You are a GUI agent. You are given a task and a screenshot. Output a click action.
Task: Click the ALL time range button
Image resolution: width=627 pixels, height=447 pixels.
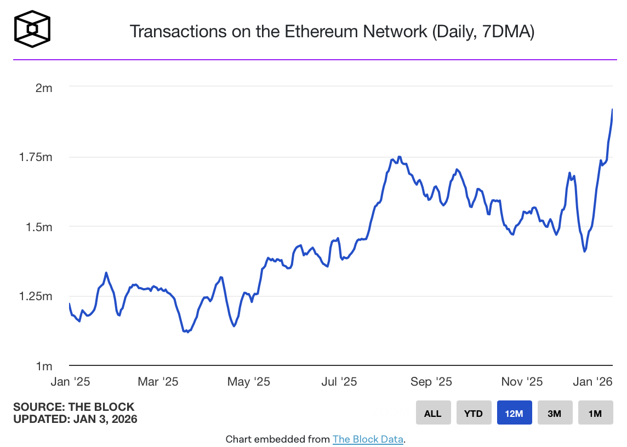click(432, 413)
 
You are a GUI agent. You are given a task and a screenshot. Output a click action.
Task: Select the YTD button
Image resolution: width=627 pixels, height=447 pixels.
click(474, 413)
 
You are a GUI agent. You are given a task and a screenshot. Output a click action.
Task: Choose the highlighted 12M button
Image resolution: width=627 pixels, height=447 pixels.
click(514, 413)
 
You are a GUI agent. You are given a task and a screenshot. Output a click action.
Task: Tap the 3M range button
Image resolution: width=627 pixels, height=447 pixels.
click(555, 413)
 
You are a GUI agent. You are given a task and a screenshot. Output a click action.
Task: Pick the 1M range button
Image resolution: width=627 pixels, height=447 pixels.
click(595, 413)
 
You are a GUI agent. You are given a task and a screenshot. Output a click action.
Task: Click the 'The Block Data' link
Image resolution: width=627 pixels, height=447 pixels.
click(368, 439)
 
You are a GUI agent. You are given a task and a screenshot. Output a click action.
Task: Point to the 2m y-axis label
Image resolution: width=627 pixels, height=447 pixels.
click(43, 88)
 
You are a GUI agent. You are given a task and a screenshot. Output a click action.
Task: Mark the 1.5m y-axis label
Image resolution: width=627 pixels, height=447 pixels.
click(40, 227)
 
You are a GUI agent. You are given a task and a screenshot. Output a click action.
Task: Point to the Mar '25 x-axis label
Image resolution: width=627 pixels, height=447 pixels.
click(158, 381)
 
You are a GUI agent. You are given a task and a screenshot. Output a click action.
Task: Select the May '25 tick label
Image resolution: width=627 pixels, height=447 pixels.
click(248, 381)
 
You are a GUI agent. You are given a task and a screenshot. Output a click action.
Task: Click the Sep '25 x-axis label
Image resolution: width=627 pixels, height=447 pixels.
click(431, 381)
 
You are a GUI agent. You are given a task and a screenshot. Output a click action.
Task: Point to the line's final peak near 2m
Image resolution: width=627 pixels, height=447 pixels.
click(612, 110)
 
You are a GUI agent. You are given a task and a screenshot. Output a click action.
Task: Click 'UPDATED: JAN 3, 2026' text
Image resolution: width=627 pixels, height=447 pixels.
click(75, 419)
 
